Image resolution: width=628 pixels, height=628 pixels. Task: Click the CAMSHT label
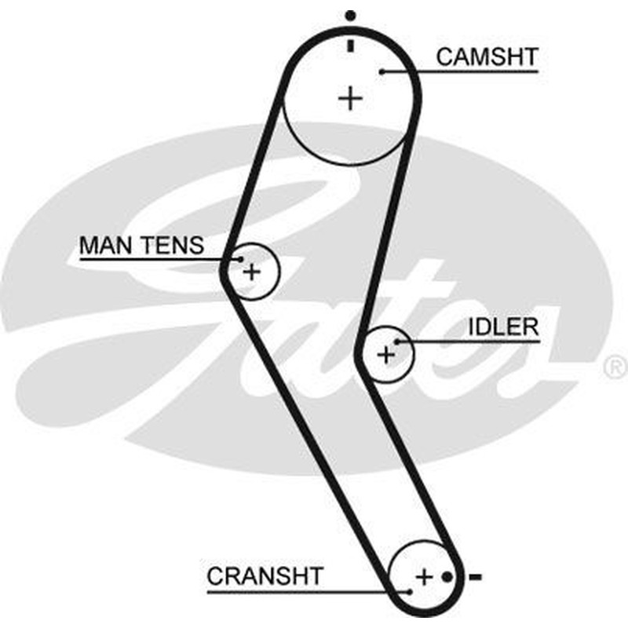coord(487,57)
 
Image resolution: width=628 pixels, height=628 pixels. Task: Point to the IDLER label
coord(503,327)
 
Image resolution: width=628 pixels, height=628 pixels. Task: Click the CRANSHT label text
coord(265,576)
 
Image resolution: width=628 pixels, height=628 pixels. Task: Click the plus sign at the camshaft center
coord(350,98)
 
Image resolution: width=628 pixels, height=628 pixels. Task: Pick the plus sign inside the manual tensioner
coord(252,272)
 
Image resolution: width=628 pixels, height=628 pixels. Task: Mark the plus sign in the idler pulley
coord(386,355)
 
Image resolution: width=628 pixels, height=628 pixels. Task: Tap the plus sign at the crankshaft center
coord(425,577)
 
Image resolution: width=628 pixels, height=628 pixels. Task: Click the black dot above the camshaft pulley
coord(350,16)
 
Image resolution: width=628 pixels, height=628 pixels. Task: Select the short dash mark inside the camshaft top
coord(351,46)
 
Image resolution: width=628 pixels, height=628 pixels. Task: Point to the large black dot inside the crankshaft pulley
coord(447,577)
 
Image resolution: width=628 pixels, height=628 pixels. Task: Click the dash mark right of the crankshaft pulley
coord(476,577)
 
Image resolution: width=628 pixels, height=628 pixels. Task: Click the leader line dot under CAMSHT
coord(382,71)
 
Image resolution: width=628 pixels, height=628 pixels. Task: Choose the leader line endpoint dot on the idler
coord(397,342)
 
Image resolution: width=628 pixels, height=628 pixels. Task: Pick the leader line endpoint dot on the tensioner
coord(240,260)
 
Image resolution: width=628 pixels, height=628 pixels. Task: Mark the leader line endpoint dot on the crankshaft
coord(409,592)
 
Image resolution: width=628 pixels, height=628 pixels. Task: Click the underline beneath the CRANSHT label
coord(308,592)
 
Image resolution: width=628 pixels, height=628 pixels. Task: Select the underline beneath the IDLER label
coord(468,342)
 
